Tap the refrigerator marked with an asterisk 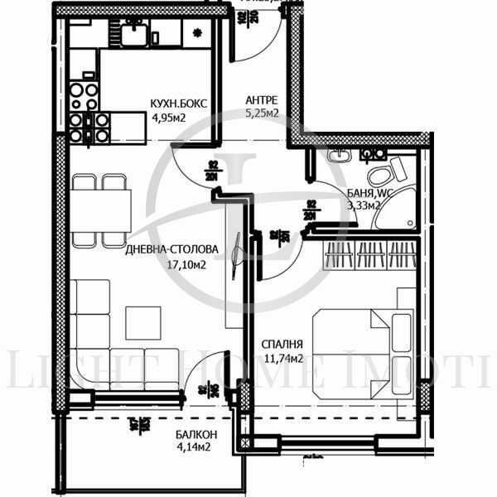(x=196, y=33)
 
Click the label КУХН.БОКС (x=178, y=104)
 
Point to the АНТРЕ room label (x=262, y=100)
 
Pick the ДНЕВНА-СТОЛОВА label (x=171, y=248)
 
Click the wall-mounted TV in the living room (x=238, y=248)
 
